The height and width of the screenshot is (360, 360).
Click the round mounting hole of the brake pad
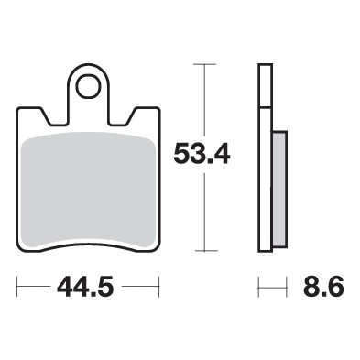coord(88,88)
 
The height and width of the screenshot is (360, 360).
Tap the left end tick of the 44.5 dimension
coord(17,289)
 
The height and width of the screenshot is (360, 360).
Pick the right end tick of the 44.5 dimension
coord(159,289)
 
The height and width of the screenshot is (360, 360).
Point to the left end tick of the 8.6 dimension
coord(259,289)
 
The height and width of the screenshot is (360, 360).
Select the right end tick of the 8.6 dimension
coord(286,289)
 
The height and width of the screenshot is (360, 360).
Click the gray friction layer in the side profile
coord(279,188)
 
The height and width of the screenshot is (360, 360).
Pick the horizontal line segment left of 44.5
coord(37,289)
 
